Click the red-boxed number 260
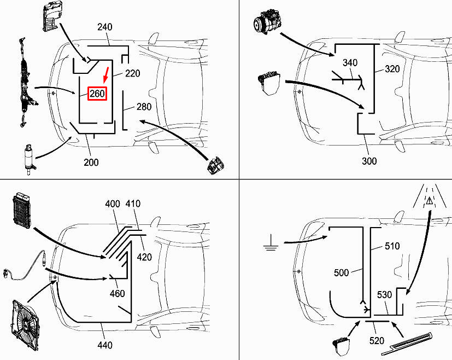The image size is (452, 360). click(x=97, y=94)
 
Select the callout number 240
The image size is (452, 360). click(x=105, y=27)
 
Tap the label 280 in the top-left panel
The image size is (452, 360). click(x=144, y=107)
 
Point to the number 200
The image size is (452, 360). click(x=91, y=162)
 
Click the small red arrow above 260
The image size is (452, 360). click(x=107, y=74)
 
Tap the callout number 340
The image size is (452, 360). click(x=350, y=63)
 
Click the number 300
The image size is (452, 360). click(x=369, y=161)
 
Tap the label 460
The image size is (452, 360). click(x=117, y=294)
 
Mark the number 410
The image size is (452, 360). click(x=133, y=204)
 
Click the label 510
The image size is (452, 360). click(x=392, y=246)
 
